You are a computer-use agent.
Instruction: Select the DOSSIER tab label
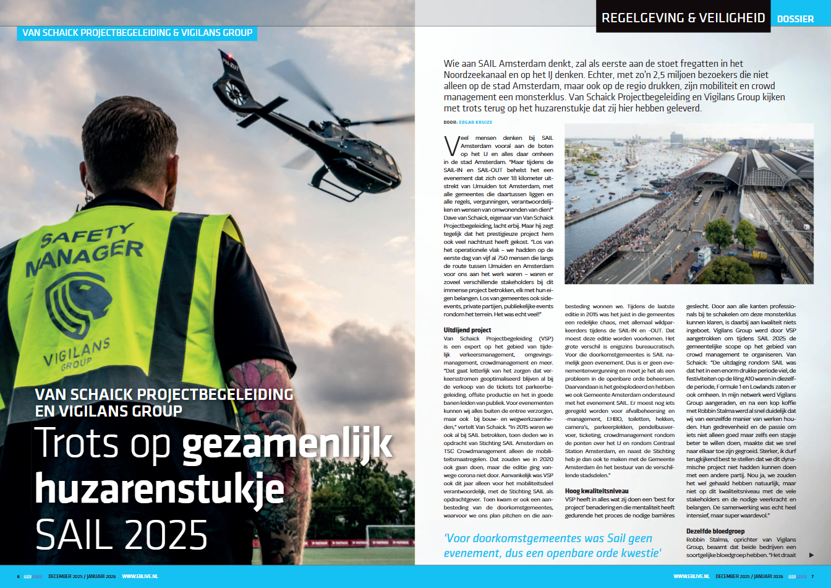pos(795,19)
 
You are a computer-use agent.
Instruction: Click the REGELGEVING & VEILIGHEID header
pos(683,17)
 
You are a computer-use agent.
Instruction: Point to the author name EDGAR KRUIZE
pos(475,123)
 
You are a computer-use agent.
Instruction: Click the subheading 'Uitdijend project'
pos(467,331)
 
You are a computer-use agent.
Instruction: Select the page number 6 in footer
pos(19,577)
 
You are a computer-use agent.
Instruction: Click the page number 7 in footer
pos(812,577)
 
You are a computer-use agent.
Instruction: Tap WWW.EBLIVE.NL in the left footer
pos(140,577)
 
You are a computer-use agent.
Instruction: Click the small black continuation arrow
pos(811,555)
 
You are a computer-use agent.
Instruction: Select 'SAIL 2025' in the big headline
pos(121,535)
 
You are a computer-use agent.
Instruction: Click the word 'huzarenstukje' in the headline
pos(160,488)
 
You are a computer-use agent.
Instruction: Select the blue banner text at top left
pos(137,33)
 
